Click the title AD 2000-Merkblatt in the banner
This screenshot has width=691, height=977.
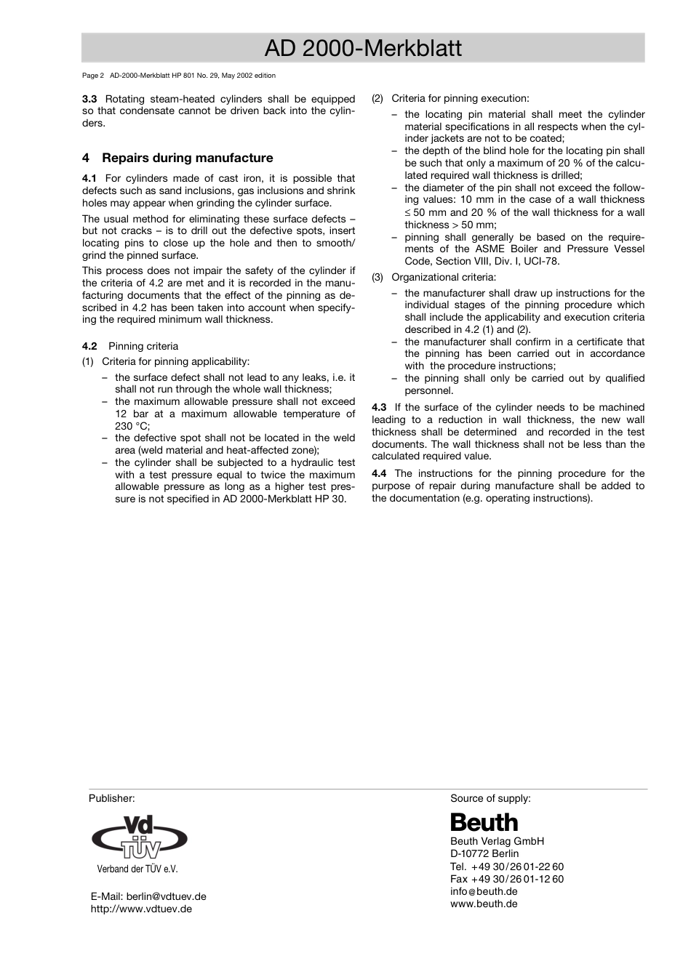pos(363,48)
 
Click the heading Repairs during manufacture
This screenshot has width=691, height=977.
pos(187,158)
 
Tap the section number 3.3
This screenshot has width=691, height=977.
pos(89,99)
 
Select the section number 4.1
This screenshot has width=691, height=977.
pos(89,178)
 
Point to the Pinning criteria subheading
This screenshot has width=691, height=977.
pos(143,346)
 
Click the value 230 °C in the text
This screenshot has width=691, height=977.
pos(132,426)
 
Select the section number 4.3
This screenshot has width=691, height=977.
pos(379,407)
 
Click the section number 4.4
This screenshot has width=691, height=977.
pos(379,473)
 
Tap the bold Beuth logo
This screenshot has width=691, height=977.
pos(484,823)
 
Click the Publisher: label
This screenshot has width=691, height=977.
pos(112,798)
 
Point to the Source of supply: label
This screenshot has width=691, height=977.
pos(490,798)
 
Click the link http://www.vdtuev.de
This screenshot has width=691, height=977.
pos(141,909)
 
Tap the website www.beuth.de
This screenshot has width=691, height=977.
pos(484,904)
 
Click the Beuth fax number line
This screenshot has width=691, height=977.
pos(506,879)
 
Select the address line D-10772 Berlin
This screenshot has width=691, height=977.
pos(484,853)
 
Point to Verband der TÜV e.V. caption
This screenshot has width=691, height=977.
pos(137,869)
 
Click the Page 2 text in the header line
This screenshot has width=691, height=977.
pos(94,75)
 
